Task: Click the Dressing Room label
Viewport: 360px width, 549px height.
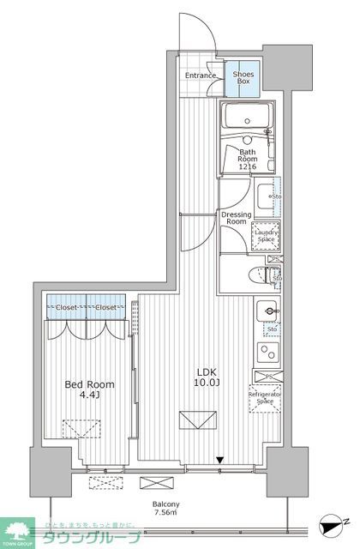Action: pos(235,217)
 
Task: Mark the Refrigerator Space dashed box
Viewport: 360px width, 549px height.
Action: pos(266,397)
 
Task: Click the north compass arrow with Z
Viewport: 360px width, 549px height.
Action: pos(334,519)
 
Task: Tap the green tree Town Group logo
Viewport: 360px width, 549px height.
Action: pos(15,529)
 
